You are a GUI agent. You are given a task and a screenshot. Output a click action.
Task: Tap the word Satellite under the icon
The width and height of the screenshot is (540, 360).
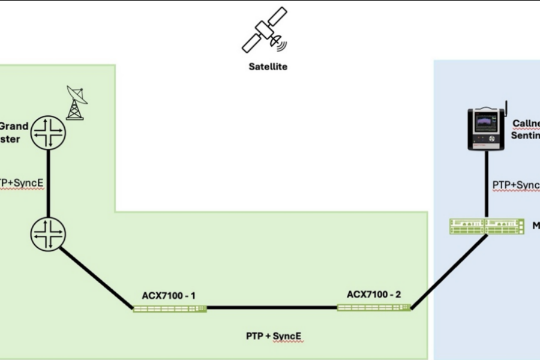(x=268, y=67)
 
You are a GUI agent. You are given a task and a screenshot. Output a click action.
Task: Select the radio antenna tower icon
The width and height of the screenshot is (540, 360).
(x=76, y=103)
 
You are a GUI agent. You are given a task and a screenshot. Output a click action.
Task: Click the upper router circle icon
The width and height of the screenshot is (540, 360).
(x=47, y=133)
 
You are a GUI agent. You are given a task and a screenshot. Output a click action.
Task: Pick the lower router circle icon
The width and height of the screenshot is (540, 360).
(x=47, y=233)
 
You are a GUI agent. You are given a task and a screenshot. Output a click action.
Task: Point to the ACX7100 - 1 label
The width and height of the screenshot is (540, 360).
(x=169, y=295)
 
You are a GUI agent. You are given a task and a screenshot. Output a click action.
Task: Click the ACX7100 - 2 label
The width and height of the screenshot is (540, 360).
(x=374, y=295)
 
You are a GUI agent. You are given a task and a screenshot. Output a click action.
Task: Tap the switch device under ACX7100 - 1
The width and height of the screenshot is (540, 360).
(x=170, y=308)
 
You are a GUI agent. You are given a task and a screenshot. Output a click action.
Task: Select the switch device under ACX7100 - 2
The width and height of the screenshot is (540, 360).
(x=374, y=308)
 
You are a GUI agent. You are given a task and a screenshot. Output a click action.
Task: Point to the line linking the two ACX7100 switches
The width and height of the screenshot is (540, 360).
(x=272, y=308)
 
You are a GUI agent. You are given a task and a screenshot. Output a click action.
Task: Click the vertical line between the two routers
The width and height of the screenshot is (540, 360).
(x=47, y=183)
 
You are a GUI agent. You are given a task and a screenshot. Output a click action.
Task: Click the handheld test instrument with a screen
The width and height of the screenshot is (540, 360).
(x=486, y=128)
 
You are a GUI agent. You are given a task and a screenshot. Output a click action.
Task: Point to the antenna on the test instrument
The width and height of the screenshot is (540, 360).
(x=505, y=108)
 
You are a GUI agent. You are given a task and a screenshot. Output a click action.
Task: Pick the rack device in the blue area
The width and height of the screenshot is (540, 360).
(x=487, y=227)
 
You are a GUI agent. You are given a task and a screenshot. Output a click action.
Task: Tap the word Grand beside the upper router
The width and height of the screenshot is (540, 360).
(x=14, y=126)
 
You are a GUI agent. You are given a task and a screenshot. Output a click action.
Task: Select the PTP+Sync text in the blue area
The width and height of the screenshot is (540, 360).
(x=515, y=185)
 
